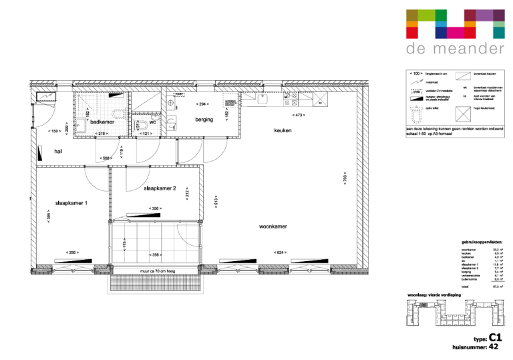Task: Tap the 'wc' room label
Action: tap(152, 122)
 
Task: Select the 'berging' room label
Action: tap(204, 120)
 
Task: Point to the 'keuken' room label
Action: tap(283, 130)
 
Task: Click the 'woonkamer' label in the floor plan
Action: tap(273, 227)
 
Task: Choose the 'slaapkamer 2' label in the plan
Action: tap(159, 188)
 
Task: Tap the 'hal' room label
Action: tap(58, 152)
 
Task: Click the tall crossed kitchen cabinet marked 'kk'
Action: tap(321, 100)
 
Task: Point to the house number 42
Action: tap(494, 347)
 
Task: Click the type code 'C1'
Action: tap(494, 337)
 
